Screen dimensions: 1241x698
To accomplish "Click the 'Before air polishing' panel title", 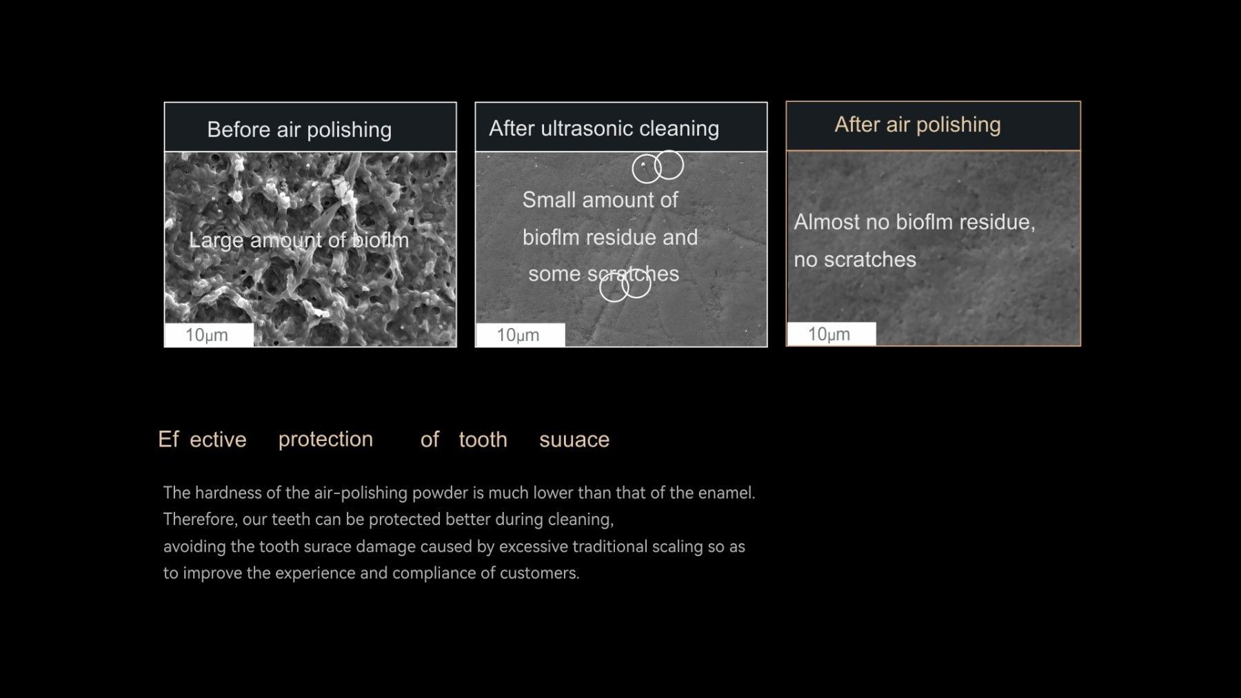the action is pos(299,130).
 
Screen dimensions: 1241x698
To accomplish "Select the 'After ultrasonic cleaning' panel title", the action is pos(604,128).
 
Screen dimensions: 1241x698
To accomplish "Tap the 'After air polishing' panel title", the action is pos(918,125).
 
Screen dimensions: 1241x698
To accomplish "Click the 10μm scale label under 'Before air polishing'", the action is pos(207,336).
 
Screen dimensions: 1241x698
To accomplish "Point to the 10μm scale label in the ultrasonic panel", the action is pos(518,336).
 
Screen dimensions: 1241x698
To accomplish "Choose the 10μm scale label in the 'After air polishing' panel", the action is pos(829,334).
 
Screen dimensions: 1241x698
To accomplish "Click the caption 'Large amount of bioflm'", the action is pos(299,240).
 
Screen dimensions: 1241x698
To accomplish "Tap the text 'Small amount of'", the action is pos(600,200).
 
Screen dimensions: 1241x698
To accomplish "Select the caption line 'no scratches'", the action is pos(855,260).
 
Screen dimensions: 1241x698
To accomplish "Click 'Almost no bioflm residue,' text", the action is pos(914,222).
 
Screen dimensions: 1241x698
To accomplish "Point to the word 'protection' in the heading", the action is pos(325,440).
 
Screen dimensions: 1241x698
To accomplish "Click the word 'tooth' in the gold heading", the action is pos(483,440).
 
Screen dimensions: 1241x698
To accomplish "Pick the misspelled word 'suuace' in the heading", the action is pos(574,440).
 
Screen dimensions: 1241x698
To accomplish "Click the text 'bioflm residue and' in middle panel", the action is pos(610,238).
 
